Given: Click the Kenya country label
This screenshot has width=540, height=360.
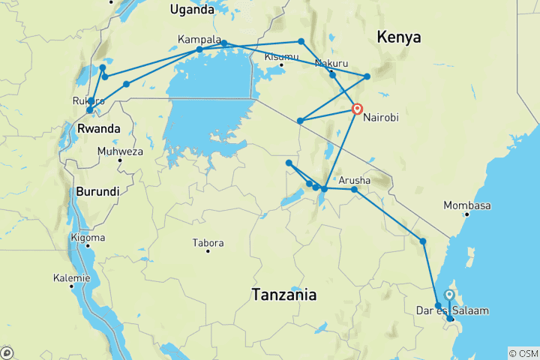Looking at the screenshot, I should pos(398,37).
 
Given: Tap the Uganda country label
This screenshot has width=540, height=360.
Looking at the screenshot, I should pos(191,9).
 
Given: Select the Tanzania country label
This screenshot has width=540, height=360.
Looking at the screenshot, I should pos(283,295).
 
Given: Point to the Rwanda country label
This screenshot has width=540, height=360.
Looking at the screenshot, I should pos(98,129).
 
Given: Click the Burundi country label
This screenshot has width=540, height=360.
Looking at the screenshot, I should pos(97,191).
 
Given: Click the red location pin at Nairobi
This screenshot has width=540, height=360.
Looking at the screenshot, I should pos(358,109).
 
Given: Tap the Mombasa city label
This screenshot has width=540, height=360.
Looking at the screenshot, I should pos(466,205).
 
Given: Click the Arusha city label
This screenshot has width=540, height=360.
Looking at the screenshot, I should pos(354,181).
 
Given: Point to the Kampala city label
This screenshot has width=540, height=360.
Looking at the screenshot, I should pos(199,39).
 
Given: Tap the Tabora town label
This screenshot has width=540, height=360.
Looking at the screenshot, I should pos(208,243).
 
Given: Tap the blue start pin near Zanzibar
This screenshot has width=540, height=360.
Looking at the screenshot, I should pos(448,295).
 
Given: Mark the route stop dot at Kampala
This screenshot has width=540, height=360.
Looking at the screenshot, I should pos(199,50).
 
